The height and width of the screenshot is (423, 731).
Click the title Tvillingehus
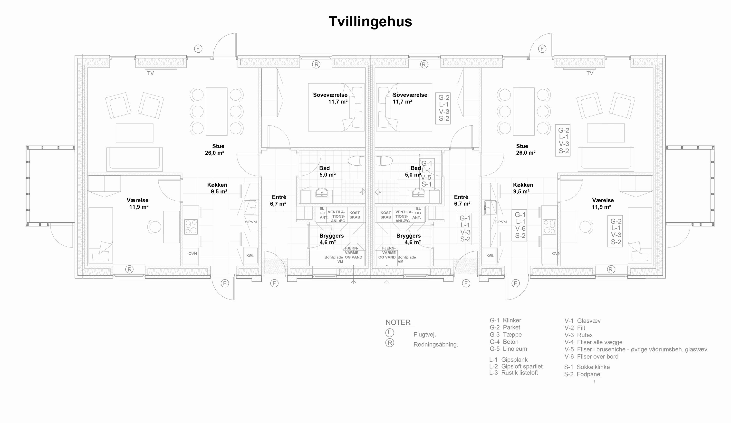[x=370, y=22]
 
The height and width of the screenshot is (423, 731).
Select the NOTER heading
[x=398, y=322]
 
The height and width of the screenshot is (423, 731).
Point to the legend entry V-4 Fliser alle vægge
[x=594, y=342]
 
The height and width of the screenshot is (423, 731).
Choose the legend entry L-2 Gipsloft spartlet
[x=516, y=367]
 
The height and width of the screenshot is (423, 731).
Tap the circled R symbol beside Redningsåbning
[x=390, y=343]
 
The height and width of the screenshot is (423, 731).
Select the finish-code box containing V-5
[x=427, y=174]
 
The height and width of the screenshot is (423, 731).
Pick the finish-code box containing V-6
[x=519, y=225]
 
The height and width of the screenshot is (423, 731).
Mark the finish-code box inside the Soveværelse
[x=443, y=108]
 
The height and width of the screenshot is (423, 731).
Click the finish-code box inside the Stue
[x=563, y=140]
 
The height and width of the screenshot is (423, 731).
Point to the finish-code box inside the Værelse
[x=615, y=231]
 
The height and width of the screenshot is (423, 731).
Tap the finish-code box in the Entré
[x=464, y=228]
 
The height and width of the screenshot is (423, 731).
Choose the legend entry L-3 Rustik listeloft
[x=513, y=373]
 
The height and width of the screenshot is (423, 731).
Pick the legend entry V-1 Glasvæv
[x=582, y=321]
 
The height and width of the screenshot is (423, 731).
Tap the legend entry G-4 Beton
[x=504, y=342]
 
